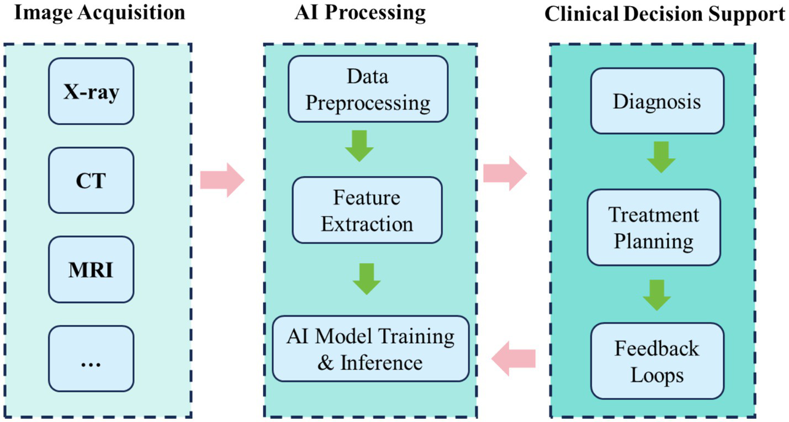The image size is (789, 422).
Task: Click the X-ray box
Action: (x=91, y=91)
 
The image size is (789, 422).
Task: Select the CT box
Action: (x=91, y=180)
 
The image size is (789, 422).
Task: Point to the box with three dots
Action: (x=91, y=358)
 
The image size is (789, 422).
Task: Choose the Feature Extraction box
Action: (x=367, y=210)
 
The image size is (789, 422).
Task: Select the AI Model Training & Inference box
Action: (x=370, y=349)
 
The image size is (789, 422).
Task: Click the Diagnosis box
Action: (x=657, y=101)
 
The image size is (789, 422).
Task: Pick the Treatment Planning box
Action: (x=654, y=228)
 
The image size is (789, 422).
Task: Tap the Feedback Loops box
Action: (x=657, y=361)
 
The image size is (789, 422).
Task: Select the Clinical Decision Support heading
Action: (x=665, y=14)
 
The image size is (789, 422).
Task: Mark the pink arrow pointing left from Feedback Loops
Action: (x=513, y=357)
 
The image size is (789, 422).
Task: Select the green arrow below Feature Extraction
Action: (x=366, y=279)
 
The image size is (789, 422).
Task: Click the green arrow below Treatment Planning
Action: (x=656, y=294)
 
